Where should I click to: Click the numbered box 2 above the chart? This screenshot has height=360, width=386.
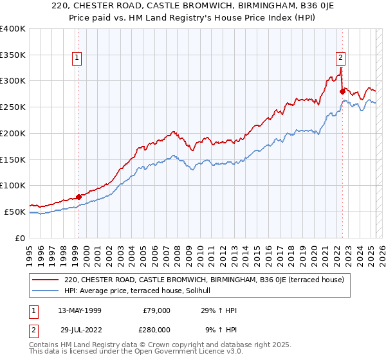[340, 57]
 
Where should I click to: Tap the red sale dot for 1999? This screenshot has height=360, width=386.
[78, 197]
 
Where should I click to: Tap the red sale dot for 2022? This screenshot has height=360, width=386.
[342, 91]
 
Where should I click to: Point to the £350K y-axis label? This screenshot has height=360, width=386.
[13, 55]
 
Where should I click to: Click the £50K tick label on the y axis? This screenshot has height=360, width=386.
[15, 212]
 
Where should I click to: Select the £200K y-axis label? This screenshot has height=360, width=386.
[13, 134]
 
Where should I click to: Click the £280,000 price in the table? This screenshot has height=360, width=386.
[156, 329]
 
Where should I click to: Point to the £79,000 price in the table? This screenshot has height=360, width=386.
[156, 310]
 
